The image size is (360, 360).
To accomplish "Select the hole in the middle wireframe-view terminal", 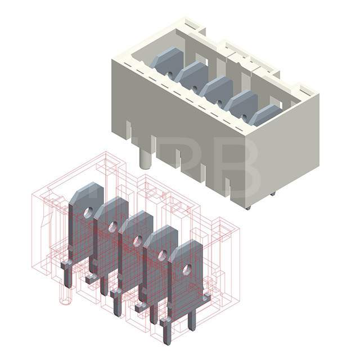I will click(x=136, y=241).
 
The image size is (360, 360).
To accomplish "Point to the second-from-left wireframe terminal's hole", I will click(x=112, y=227).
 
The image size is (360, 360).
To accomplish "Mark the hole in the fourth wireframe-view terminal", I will click(x=161, y=255).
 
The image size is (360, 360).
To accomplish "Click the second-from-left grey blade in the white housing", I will click(x=191, y=74).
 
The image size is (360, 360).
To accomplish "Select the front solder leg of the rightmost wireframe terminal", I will click(x=167, y=332).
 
